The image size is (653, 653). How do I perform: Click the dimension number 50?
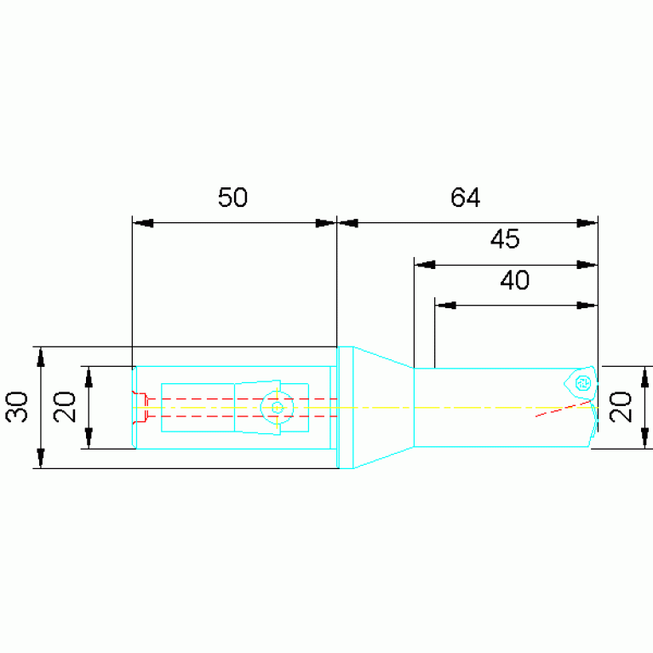pos(232,198)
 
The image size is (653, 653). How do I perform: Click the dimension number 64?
pos(465,198)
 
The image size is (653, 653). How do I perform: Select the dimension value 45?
pos(505,239)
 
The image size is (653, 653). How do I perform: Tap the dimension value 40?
pos(515,280)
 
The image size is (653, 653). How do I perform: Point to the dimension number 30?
pos(17,407)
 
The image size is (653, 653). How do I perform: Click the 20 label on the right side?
pos(621,407)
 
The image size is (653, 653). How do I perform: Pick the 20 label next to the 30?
pos(66,407)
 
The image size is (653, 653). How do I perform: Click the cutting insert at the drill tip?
pos(581,383)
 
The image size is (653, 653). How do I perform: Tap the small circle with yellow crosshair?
pos(277,408)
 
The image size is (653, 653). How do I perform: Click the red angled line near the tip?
pos(563,409)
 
